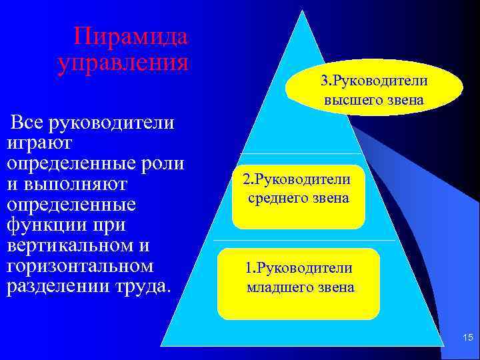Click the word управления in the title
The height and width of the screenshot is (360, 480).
pyautogui.click(x=123, y=63)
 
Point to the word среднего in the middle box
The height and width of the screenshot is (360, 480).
pyautogui.click(x=277, y=198)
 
